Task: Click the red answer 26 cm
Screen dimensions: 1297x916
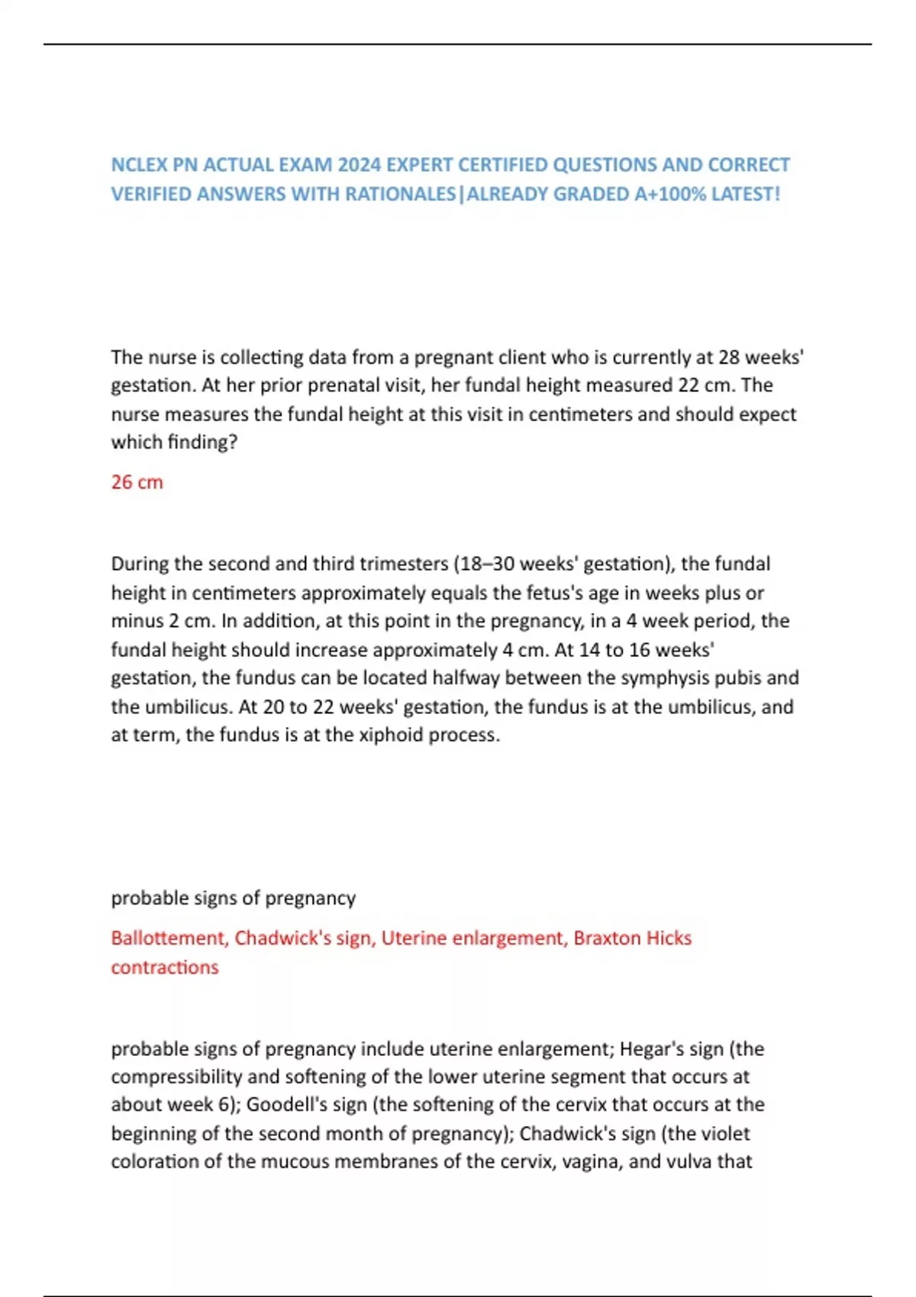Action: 137,482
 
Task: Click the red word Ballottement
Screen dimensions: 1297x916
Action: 168,938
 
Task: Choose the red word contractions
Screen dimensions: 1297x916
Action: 165,967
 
